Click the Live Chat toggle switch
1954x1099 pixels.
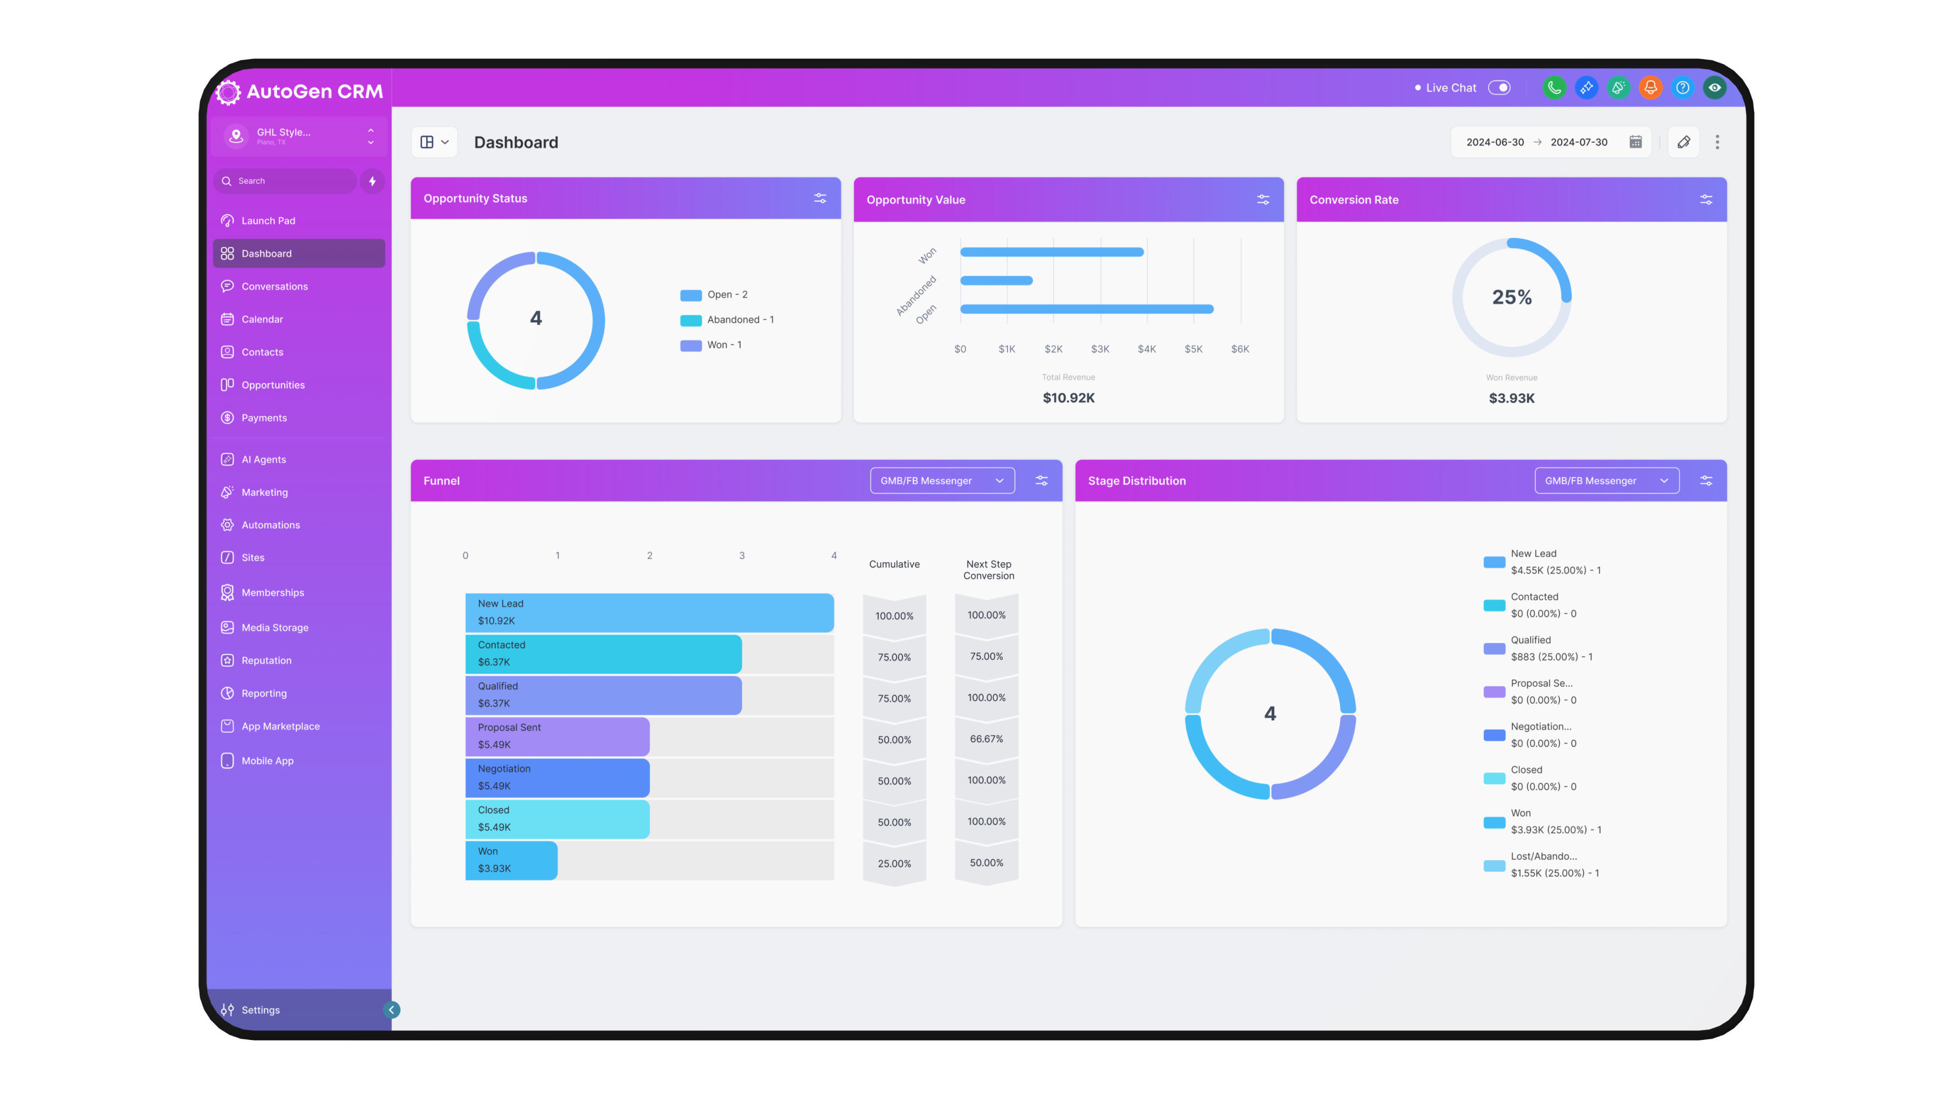(x=1499, y=88)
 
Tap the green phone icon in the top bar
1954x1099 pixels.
(x=1554, y=88)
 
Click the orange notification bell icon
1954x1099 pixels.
(x=1650, y=88)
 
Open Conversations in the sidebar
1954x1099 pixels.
(x=275, y=286)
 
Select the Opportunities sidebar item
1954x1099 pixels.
(x=273, y=385)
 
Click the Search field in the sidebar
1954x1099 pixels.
(x=288, y=181)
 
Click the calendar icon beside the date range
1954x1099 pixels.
(x=1635, y=142)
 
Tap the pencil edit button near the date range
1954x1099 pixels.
(x=1683, y=142)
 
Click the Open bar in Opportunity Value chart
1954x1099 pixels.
(x=1086, y=309)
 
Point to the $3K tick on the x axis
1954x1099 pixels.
(x=1100, y=350)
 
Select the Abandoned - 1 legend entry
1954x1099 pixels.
(x=739, y=320)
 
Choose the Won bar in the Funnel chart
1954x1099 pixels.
(x=511, y=860)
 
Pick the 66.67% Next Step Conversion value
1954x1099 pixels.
(x=986, y=739)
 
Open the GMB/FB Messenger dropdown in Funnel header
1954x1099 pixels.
(x=942, y=481)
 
